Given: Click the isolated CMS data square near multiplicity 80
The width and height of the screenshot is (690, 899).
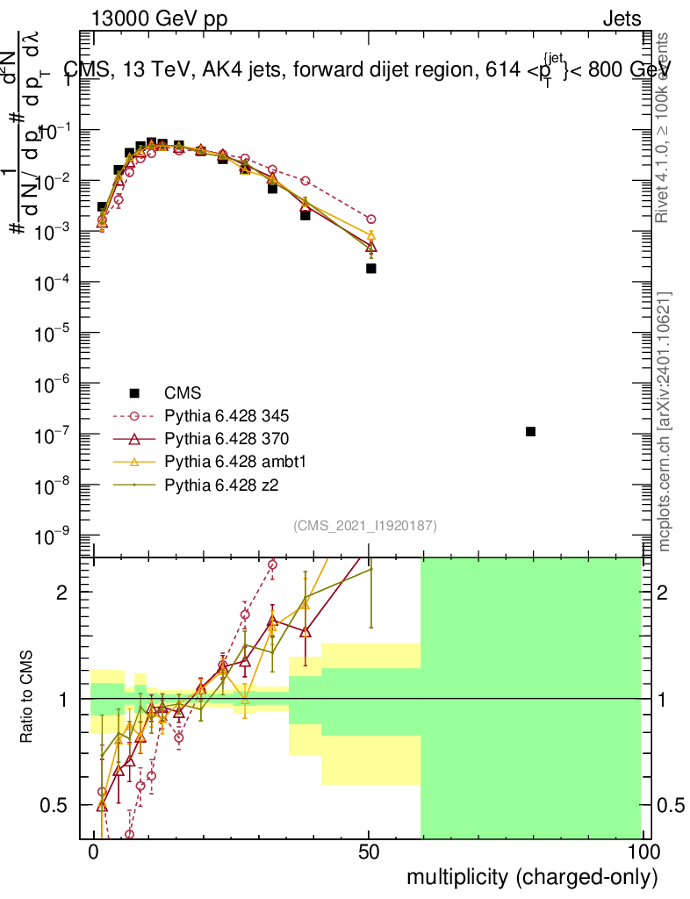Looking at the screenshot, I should click(x=530, y=431).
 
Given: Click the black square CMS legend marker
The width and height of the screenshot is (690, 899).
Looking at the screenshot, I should click(x=133, y=392).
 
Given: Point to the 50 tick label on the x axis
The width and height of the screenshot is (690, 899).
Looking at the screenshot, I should click(x=369, y=852).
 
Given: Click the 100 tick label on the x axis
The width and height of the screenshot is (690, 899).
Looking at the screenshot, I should click(x=643, y=852).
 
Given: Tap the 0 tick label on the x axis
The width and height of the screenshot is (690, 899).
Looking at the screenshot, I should click(x=93, y=852).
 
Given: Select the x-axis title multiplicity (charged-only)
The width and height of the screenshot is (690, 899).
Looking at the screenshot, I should click(x=531, y=877).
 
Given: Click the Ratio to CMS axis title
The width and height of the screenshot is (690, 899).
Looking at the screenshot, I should click(x=28, y=698).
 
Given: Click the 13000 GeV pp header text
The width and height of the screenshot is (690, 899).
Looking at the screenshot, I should click(x=158, y=19).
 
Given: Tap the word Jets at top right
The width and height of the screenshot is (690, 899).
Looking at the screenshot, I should click(x=621, y=19).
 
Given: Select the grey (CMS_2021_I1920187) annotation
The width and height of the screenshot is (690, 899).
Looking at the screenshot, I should click(x=365, y=525).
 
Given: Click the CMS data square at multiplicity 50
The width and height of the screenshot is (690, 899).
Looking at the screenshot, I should click(x=370, y=268).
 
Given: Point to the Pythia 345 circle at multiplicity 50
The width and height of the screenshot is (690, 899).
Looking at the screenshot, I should click(x=370, y=219).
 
